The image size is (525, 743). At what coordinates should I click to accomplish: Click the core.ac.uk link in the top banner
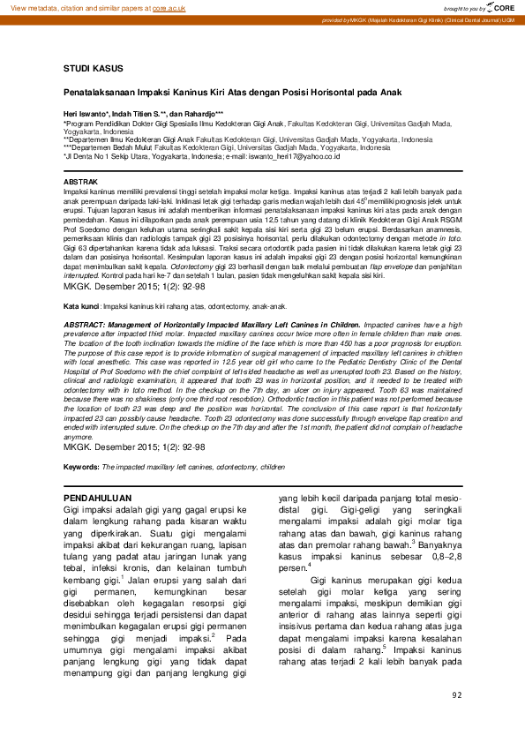tap(168, 6)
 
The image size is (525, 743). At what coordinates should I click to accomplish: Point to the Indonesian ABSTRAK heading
tap(83, 180)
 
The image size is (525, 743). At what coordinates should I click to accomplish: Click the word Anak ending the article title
tap(389, 92)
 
